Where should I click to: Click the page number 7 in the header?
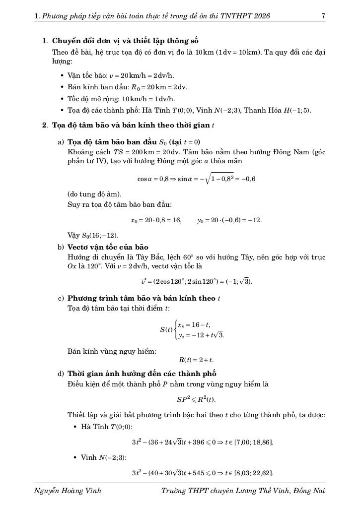click(323, 16)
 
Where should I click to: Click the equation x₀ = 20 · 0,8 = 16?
click(156, 220)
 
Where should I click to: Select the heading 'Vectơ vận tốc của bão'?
click(108, 247)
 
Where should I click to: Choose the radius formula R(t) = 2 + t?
click(196, 360)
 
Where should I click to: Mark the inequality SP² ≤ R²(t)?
click(196, 399)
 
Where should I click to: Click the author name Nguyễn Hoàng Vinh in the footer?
click(68, 491)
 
